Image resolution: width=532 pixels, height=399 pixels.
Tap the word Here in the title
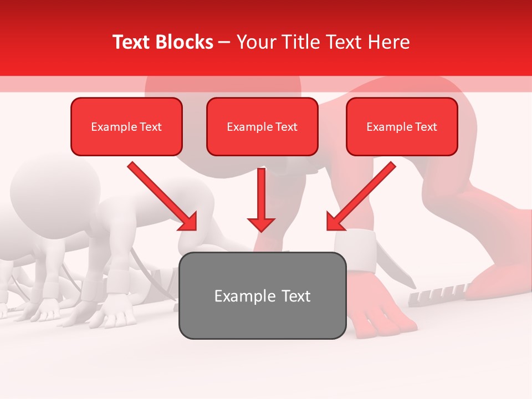tap(388, 42)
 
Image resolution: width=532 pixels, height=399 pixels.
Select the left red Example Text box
tap(126, 127)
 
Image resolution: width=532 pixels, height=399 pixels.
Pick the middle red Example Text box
tap(262, 127)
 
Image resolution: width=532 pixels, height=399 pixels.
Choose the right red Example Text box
tap(402, 127)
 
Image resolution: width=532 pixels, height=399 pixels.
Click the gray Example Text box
tap(262, 295)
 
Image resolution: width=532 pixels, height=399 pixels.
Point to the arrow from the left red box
tap(161, 195)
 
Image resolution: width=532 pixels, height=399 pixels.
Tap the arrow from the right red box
tap(363, 195)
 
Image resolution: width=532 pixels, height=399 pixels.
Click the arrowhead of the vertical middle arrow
tap(261, 224)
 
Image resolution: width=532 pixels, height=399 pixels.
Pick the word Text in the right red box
tap(426, 127)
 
